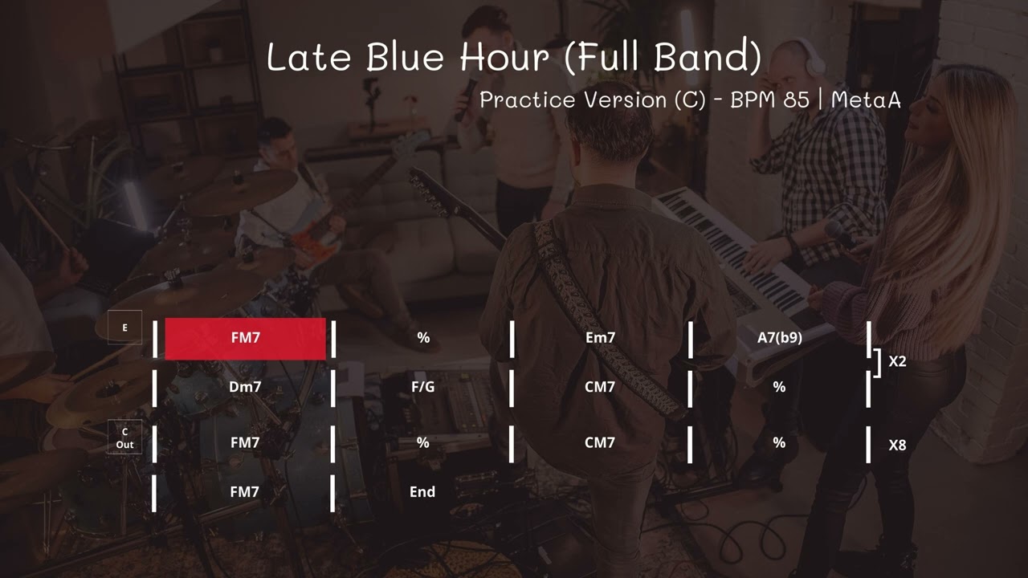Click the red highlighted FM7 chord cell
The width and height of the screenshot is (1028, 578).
(x=245, y=338)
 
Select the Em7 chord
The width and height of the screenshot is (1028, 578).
(x=600, y=338)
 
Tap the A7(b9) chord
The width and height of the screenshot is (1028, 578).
(x=779, y=338)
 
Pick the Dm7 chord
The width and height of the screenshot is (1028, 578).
(x=245, y=387)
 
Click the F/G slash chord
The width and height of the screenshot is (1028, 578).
(x=422, y=387)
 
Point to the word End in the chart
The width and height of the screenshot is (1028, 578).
(x=422, y=492)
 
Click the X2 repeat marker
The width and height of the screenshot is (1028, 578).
(x=897, y=361)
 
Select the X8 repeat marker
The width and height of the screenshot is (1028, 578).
(x=897, y=445)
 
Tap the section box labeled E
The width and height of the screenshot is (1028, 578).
(x=124, y=328)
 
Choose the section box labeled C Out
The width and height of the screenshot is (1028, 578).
(x=124, y=438)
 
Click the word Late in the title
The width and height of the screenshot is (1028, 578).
(x=309, y=58)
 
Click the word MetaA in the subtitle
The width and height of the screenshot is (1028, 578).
(x=866, y=100)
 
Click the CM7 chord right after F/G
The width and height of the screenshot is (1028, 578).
(x=600, y=387)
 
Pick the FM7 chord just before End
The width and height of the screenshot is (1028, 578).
(x=245, y=492)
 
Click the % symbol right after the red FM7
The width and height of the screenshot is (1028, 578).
(x=422, y=338)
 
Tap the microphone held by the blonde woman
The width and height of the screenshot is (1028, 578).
(x=840, y=234)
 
